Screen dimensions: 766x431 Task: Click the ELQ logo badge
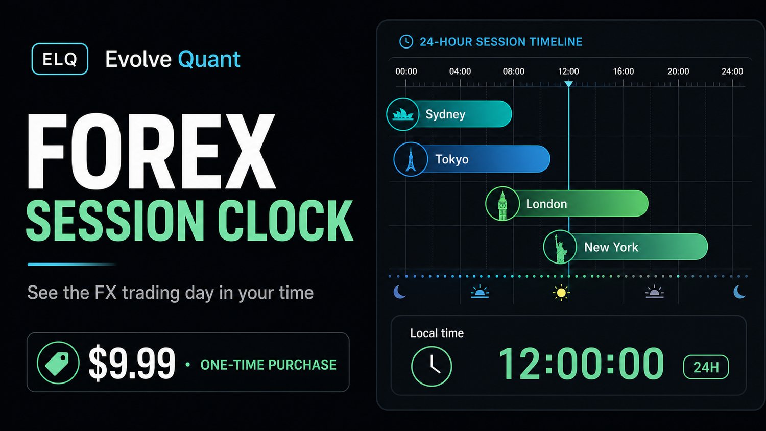(x=60, y=59)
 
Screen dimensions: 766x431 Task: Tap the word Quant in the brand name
(x=209, y=60)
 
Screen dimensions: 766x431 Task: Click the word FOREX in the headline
(x=151, y=151)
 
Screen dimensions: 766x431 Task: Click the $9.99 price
(x=132, y=363)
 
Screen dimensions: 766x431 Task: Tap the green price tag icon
(x=58, y=363)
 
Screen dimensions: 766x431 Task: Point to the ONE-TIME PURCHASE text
(x=269, y=365)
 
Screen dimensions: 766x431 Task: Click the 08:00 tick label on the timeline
(x=513, y=71)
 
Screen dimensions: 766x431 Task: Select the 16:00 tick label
(x=624, y=71)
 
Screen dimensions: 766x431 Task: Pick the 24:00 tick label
(x=732, y=71)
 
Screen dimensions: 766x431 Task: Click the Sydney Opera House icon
(x=403, y=114)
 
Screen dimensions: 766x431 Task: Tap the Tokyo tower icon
(x=411, y=159)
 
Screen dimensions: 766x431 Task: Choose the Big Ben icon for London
(x=502, y=204)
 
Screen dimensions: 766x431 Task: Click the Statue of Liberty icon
(x=560, y=247)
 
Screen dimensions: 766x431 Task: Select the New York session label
(x=611, y=247)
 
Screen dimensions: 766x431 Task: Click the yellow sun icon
(x=561, y=293)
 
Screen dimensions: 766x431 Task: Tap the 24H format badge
(x=706, y=367)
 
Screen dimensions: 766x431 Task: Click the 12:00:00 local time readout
(x=581, y=363)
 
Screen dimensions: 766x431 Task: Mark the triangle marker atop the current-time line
(x=569, y=84)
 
